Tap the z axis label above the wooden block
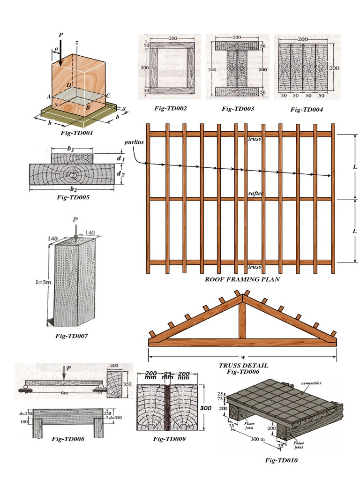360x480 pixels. coord(76,42)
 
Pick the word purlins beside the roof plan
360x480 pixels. coord(134,142)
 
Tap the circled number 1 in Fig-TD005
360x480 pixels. coord(73,159)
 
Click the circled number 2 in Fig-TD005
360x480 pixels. coord(73,175)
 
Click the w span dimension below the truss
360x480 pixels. coord(243,357)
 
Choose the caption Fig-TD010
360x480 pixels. coord(281,460)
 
